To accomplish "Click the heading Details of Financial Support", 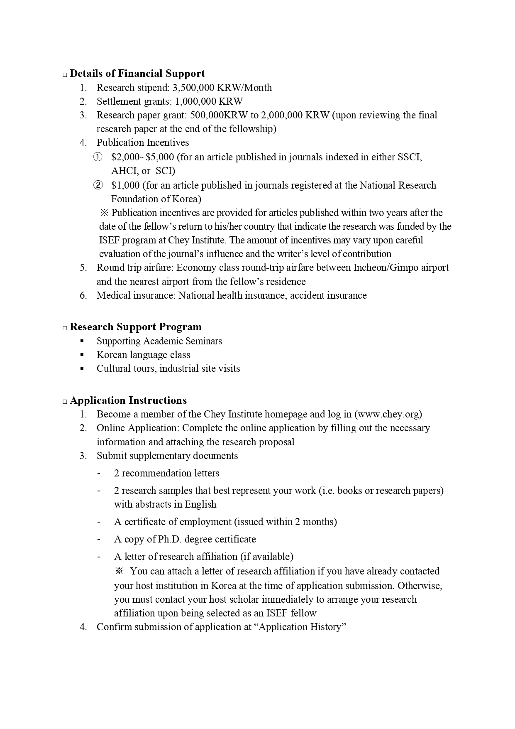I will tap(137, 74).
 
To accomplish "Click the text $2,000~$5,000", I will tap(142, 157).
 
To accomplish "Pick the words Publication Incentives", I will tap(142, 142).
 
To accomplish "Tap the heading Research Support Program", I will tap(135, 327).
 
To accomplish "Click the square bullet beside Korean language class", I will tap(82, 355).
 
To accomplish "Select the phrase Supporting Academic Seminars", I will tap(159, 341).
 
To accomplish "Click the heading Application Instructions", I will tap(128, 400).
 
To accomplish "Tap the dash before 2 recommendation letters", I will tap(99, 473).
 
